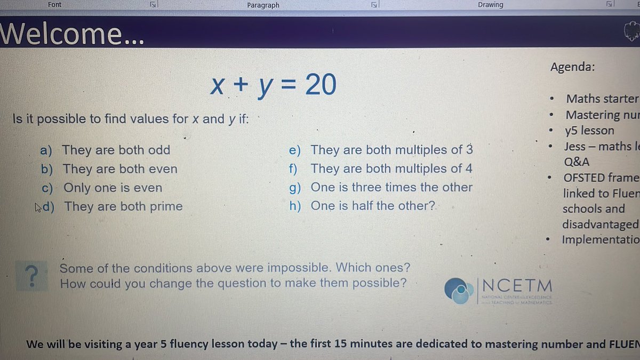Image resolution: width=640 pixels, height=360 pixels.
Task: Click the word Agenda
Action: (573, 67)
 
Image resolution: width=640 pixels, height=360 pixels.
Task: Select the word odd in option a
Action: (159, 150)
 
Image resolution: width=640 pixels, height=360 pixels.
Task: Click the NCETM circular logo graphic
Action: (458, 291)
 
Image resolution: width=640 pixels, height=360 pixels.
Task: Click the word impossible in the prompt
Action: (301, 268)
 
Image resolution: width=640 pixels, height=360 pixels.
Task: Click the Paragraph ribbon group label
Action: (263, 5)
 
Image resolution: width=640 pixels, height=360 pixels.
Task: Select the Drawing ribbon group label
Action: (490, 5)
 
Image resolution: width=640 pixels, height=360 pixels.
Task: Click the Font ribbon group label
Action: (54, 5)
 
